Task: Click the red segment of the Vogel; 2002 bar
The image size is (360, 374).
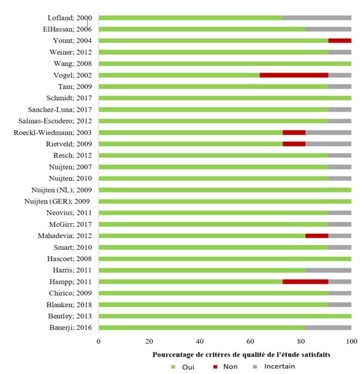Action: [x=294, y=75]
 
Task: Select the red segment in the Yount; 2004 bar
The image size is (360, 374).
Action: [x=339, y=40]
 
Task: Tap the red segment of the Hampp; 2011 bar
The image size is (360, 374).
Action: [x=305, y=281]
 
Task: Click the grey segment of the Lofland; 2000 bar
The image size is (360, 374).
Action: [x=316, y=18]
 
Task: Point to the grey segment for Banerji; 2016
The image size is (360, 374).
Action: [x=328, y=327]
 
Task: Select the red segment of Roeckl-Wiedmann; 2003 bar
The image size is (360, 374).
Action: [x=294, y=132]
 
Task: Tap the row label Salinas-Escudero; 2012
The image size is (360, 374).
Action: [x=59, y=121]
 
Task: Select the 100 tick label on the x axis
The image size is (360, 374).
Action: [x=351, y=341]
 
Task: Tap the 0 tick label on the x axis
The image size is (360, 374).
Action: [x=99, y=341]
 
